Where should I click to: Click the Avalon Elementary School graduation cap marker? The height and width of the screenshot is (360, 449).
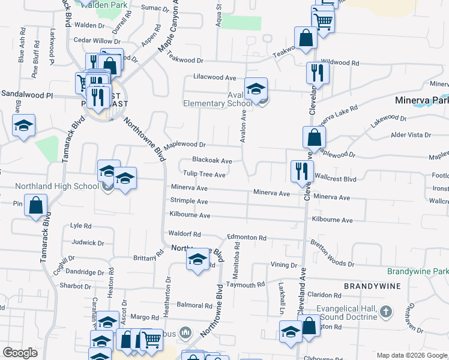point(256,89)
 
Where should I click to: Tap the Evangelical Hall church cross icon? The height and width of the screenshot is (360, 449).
point(386,312)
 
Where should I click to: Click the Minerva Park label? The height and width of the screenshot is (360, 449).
point(418,101)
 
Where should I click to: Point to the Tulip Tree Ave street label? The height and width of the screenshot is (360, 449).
point(204,175)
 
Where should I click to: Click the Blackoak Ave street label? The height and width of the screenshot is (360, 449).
point(212,160)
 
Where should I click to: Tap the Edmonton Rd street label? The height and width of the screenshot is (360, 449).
point(246,238)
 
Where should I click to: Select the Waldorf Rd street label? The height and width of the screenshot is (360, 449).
point(184,234)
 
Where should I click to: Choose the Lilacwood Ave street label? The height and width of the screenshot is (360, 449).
point(214,77)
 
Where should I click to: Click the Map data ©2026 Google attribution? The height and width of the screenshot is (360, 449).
point(411,356)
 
